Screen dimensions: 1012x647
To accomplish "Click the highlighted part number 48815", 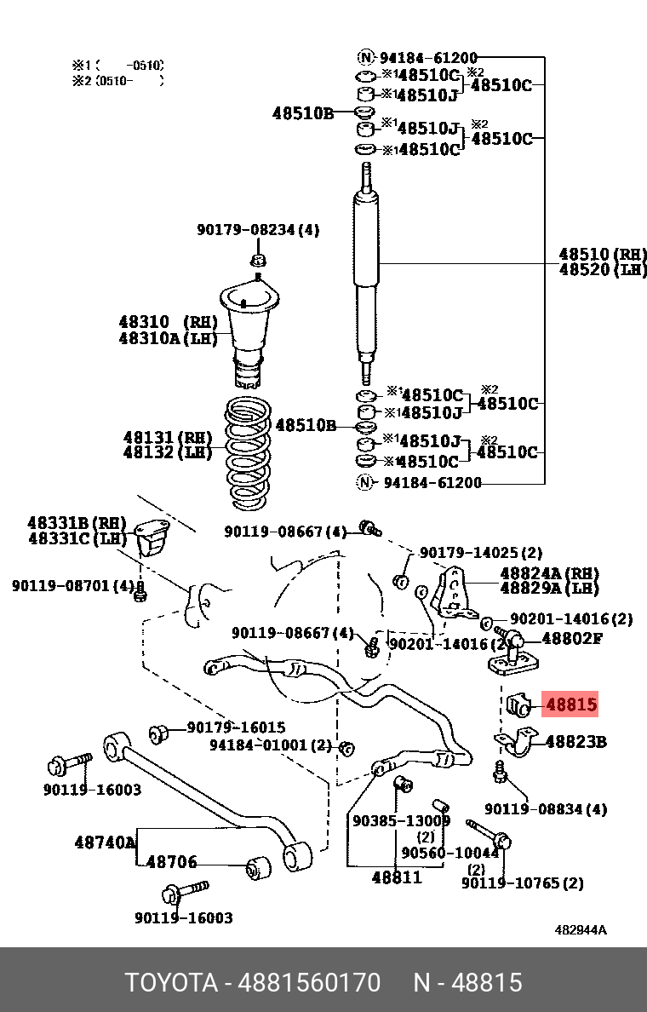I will point(570,705).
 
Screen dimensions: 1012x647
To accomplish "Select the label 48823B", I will point(575,742).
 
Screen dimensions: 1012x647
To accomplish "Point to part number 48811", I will point(396,877).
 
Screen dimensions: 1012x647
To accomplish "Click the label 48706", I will point(172,862).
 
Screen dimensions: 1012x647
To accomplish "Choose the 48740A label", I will point(105,842).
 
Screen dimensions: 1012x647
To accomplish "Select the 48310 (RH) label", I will point(168,322).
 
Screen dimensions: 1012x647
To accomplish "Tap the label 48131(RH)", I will point(168,437).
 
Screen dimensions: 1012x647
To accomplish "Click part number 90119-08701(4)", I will point(73,586).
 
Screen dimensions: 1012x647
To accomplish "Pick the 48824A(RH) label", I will point(549,573).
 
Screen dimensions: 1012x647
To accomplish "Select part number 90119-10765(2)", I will point(522,883).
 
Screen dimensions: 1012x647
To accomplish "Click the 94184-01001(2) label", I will point(270,745).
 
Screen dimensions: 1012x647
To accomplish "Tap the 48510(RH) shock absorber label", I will point(602,254).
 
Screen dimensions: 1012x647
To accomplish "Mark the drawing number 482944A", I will point(581,930).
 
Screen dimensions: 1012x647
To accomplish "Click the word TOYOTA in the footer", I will point(172,982).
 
